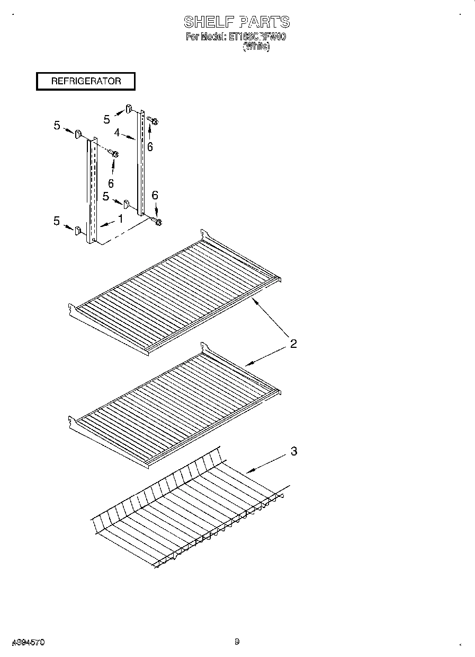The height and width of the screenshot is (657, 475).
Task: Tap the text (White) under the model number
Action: (x=256, y=47)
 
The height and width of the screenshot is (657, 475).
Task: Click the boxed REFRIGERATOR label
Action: (x=86, y=81)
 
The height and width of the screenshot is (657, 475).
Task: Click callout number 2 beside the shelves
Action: (x=293, y=344)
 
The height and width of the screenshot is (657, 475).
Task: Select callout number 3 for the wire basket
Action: (x=293, y=452)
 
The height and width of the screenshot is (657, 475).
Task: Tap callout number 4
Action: (x=116, y=133)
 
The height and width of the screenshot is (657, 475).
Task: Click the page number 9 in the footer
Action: (x=237, y=642)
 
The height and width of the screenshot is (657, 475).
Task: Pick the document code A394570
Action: (x=28, y=642)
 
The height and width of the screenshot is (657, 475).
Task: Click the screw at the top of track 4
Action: (x=154, y=121)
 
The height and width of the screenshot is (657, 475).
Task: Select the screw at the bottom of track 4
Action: (x=158, y=221)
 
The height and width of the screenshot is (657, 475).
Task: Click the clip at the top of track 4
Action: (x=129, y=109)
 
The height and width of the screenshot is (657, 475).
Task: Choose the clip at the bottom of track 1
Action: (x=78, y=230)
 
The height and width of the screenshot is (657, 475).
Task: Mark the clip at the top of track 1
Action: (x=77, y=133)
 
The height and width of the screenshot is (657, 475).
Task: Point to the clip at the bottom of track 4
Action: (x=127, y=204)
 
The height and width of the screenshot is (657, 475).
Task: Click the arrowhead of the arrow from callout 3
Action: (x=247, y=471)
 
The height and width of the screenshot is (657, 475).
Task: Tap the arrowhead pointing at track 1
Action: (x=100, y=226)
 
